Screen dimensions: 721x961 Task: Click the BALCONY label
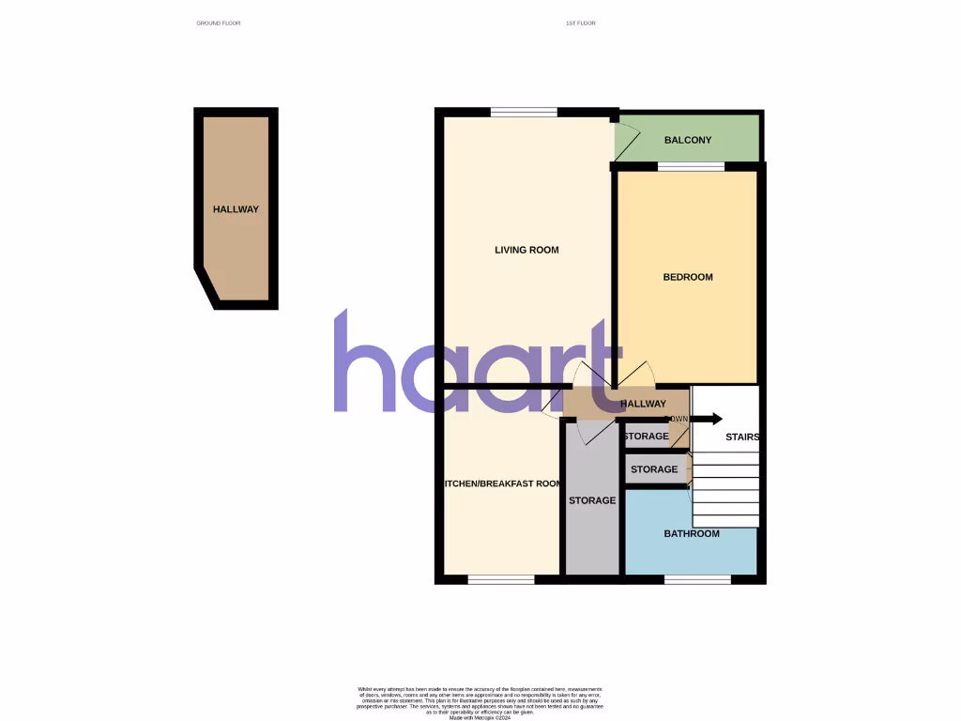(x=687, y=141)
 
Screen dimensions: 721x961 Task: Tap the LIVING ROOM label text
(x=526, y=250)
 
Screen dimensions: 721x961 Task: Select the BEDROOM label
(x=687, y=277)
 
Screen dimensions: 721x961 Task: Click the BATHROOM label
(x=692, y=533)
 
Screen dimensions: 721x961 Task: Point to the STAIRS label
(x=741, y=437)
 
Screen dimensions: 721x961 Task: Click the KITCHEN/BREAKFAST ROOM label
(x=502, y=484)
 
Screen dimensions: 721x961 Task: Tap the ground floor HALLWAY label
(x=236, y=209)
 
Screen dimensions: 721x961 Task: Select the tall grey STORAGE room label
(x=592, y=500)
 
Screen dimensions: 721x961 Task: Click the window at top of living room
(x=524, y=113)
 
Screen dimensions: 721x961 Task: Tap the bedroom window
(x=691, y=167)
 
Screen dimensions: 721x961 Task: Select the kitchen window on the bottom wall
(x=500, y=579)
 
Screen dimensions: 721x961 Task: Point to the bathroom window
(x=697, y=579)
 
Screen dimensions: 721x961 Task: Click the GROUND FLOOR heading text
(x=219, y=23)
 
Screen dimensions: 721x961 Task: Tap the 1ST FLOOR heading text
(x=581, y=23)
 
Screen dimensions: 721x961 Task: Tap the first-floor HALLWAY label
(x=644, y=404)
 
